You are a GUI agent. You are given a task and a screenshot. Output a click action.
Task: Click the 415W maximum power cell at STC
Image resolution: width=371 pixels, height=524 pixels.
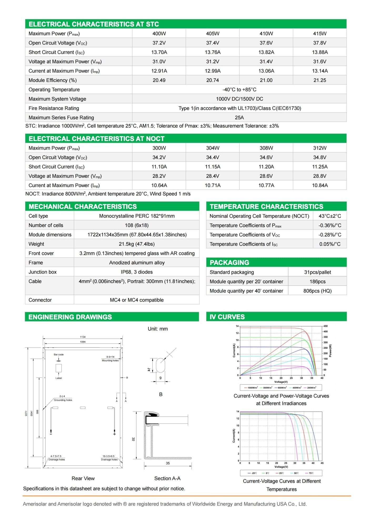[x=320, y=34]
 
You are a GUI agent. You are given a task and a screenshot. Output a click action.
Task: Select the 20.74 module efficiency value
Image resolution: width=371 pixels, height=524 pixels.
[x=213, y=80]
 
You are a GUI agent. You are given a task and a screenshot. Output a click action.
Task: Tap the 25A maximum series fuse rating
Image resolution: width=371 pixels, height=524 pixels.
[x=239, y=118]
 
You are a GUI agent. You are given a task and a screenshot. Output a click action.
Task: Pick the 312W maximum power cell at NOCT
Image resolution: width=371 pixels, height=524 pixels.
[x=320, y=148]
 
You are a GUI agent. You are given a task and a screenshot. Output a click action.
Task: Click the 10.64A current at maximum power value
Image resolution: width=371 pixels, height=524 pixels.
[x=159, y=185]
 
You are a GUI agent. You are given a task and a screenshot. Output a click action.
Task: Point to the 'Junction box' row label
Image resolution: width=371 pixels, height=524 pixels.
[x=43, y=272]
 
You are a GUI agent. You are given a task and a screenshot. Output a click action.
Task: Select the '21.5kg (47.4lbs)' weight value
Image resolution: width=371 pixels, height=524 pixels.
[x=137, y=244]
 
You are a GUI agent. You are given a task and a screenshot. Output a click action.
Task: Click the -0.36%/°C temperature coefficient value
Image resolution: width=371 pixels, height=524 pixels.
[x=330, y=225]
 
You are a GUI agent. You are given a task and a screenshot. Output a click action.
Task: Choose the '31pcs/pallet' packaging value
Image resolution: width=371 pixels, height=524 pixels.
[x=317, y=272]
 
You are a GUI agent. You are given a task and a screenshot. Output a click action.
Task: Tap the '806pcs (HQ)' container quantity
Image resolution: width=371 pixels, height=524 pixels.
[x=317, y=291]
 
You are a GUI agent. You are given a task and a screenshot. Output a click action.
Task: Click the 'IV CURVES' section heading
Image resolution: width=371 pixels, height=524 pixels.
[x=227, y=317]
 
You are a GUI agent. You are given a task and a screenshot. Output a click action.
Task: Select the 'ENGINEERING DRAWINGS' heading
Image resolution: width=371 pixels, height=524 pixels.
[x=70, y=317]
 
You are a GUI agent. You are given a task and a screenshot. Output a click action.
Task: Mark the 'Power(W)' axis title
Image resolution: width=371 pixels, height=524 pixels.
[x=330, y=350]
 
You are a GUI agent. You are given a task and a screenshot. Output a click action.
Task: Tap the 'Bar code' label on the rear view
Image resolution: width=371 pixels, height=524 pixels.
[x=59, y=354]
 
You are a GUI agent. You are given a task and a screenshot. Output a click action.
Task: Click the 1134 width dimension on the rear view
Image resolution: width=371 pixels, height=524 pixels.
[x=83, y=337]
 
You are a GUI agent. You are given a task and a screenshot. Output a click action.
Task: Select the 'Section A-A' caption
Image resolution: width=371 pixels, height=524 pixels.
[x=167, y=478]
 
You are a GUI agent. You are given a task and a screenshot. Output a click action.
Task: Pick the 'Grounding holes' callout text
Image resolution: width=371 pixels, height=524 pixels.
[x=63, y=400]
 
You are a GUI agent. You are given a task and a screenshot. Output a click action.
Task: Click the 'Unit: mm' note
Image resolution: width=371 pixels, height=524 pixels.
[x=158, y=329]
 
